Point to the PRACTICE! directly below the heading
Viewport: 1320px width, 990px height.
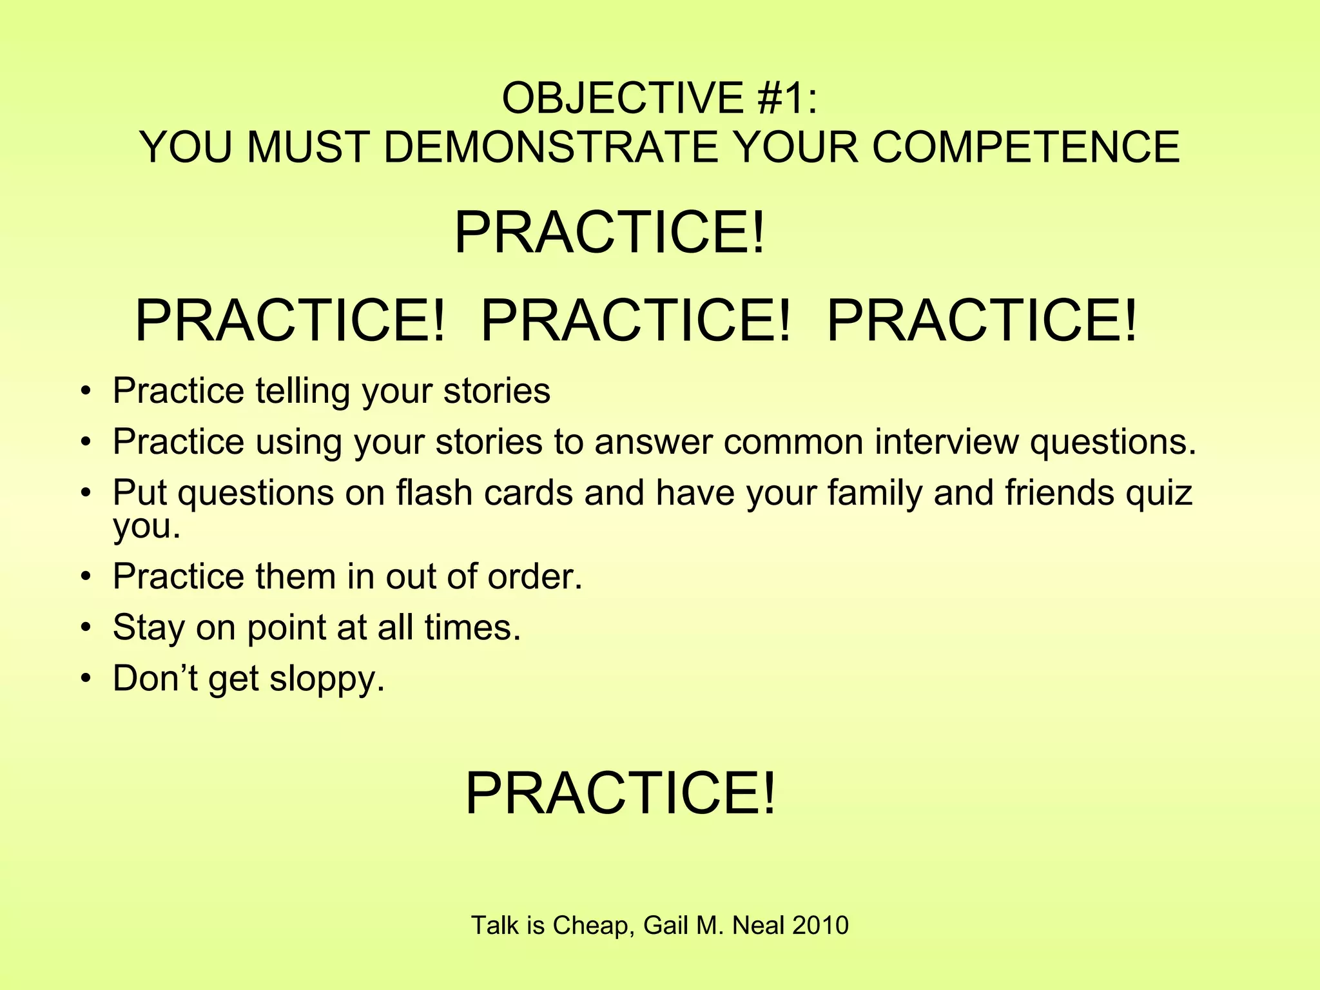click(x=610, y=233)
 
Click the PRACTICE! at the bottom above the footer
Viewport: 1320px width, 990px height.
click(x=621, y=794)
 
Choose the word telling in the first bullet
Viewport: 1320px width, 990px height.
click(x=302, y=391)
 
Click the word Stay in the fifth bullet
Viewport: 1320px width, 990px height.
click(x=148, y=628)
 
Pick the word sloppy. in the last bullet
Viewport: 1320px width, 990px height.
click(x=327, y=679)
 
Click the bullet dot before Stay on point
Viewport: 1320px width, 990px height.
click(x=86, y=628)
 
